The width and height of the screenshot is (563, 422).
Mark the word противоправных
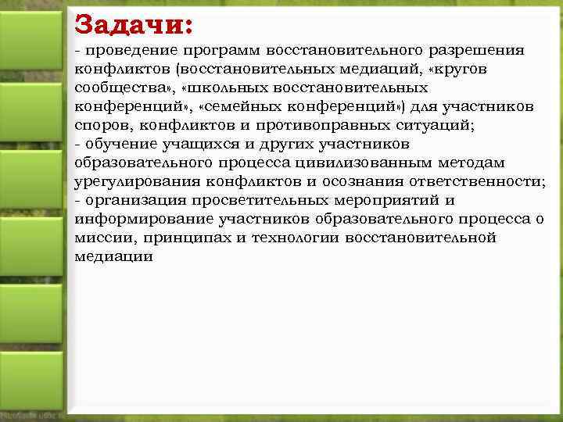coord(313,126)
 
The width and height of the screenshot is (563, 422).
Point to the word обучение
coord(120,145)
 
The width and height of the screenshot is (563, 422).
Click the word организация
coord(131,201)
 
